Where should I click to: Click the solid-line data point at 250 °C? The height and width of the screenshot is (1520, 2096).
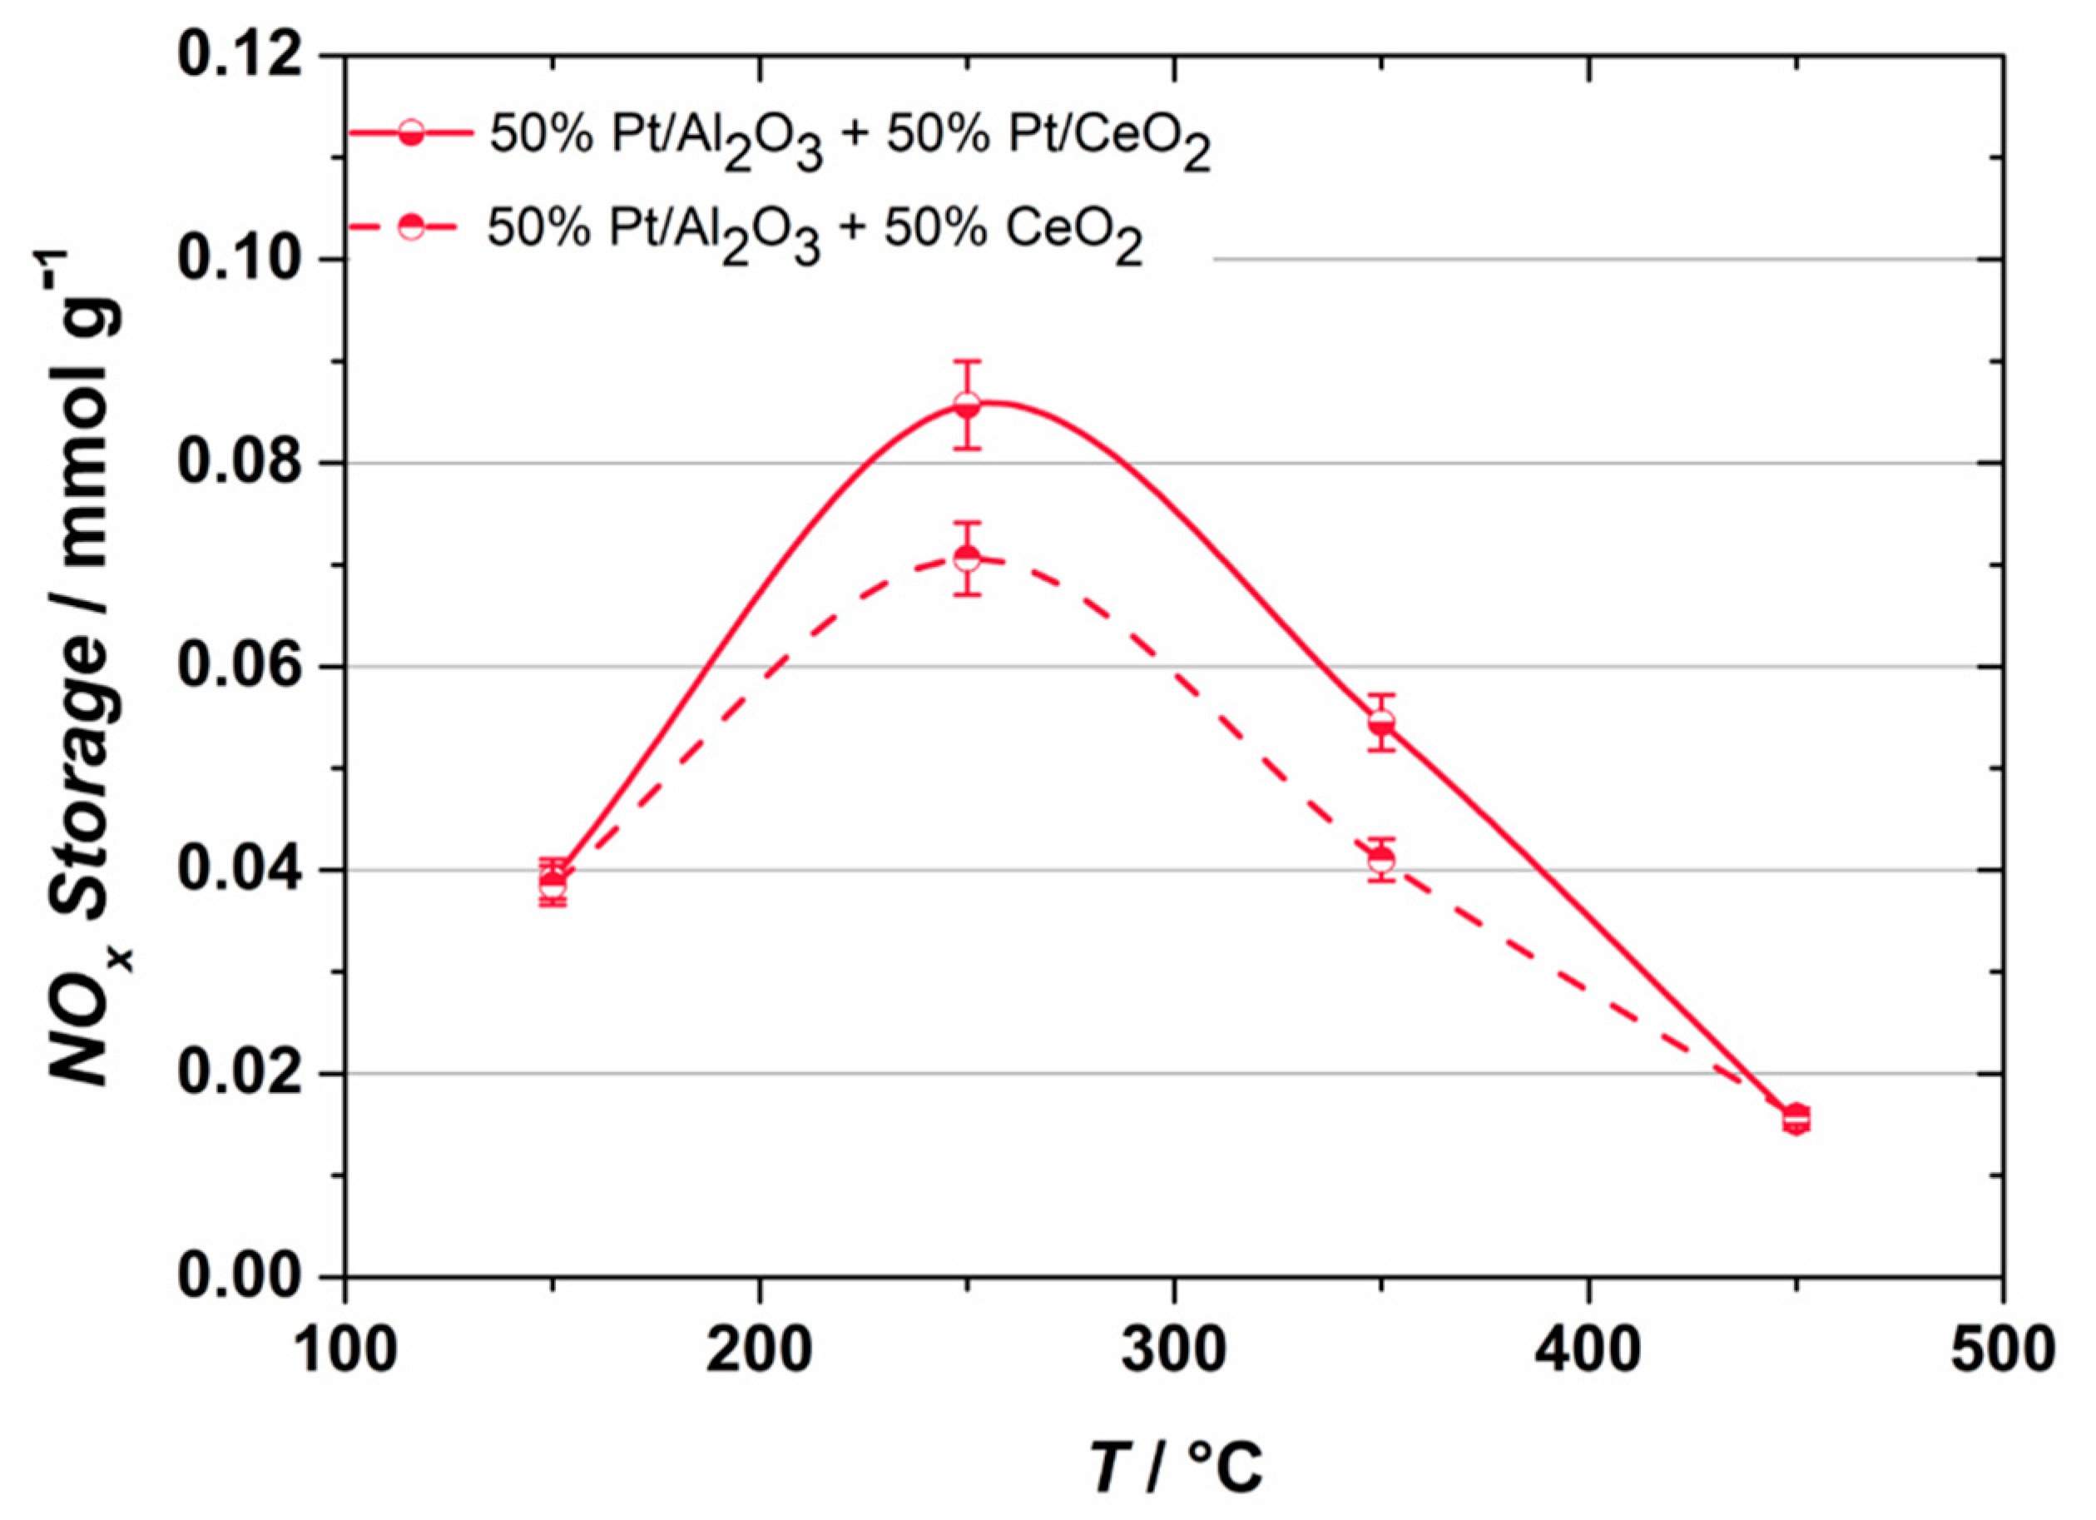(967, 405)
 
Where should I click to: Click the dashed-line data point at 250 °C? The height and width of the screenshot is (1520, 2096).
(967, 559)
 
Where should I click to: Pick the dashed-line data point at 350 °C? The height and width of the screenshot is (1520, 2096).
(1381, 860)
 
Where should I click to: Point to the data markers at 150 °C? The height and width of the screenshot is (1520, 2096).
(552, 883)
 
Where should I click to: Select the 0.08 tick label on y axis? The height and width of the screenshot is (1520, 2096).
(241, 463)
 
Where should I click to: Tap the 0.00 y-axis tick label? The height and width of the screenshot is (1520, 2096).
(241, 1277)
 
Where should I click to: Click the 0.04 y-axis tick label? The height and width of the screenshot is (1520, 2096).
(241, 870)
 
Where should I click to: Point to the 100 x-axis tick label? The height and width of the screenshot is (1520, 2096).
(344, 1351)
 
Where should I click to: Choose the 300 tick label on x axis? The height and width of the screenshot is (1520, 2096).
(1174, 1351)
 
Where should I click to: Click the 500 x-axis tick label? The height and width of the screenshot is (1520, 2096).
(2002, 1351)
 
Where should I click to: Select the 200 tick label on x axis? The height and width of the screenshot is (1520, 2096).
(760, 1351)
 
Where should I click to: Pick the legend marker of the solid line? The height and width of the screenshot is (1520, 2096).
(413, 134)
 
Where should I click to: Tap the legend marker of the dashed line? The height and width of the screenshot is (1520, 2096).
(413, 226)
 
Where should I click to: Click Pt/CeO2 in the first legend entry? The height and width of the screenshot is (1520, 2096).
(1109, 139)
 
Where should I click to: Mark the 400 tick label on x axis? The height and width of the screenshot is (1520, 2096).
(1588, 1351)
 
